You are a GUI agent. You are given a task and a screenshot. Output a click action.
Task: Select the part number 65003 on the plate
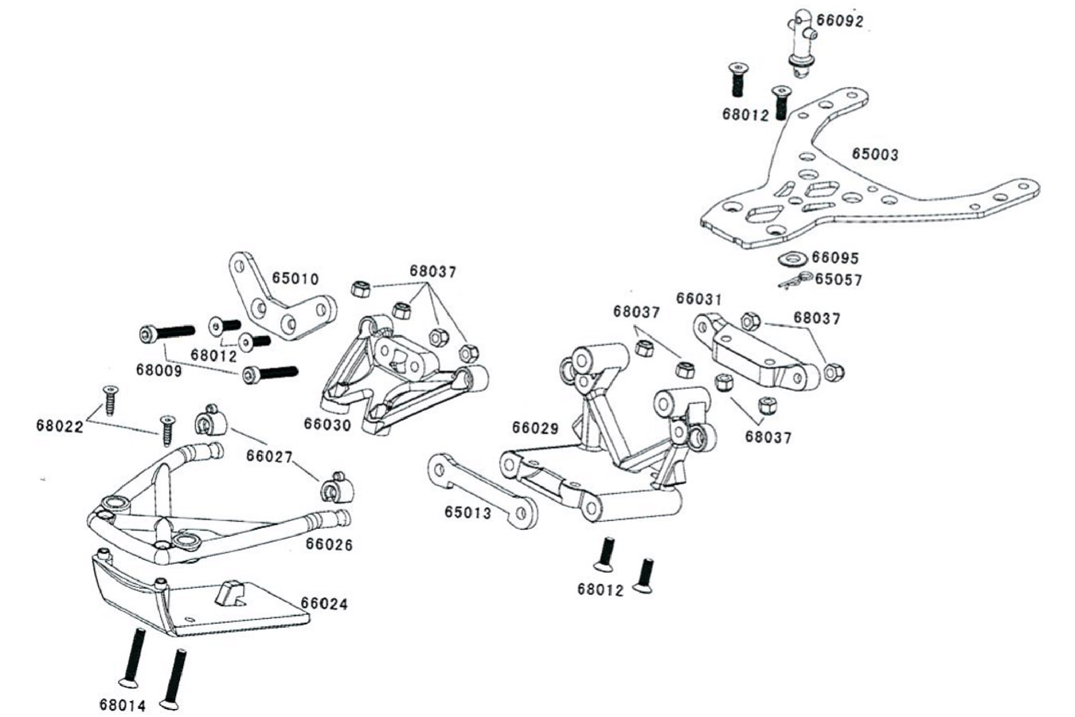[x=874, y=154]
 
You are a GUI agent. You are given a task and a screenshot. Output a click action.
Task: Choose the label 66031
[x=698, y=299]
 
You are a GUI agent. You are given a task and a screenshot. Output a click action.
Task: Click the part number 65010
[x=295, y=279]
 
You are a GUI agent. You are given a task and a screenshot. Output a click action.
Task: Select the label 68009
[x=159, y=370]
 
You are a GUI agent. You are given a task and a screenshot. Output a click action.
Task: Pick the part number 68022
[x=60, y=425]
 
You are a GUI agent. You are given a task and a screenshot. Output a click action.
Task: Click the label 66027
[x=270, y=456]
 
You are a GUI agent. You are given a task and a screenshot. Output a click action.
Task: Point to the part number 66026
[x=330, y=545]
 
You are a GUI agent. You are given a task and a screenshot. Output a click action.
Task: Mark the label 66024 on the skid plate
[x=324, y=604]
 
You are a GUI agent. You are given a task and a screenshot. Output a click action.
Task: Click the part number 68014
[x=123, y=705]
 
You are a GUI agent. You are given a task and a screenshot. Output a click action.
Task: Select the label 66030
[x=327, y=425]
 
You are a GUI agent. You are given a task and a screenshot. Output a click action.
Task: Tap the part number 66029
[x=536, y=428]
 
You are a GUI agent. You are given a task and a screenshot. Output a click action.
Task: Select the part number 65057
[x=838, y=280]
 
